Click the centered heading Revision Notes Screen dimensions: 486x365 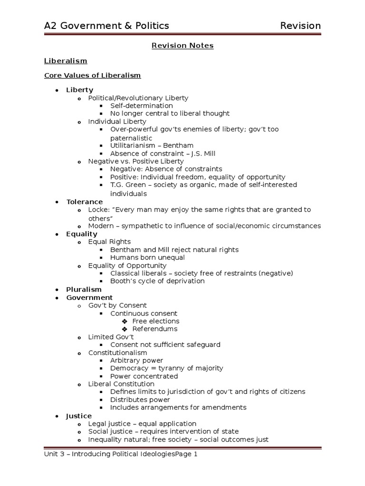click(x=182, y=46)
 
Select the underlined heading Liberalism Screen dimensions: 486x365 click(x=66, y=61)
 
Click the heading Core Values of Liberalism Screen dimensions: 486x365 click(x=92, y=75)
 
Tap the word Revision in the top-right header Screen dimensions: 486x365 click(x=300, y=26)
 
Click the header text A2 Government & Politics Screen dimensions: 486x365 click(x=106, y=26)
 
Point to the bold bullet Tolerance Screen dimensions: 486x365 click(x=84, y=202)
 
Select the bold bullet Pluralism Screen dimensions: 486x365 click(x=84, y=289)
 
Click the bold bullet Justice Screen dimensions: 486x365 click(x=79, y=416)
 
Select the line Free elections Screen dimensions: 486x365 click(x=155, y=321)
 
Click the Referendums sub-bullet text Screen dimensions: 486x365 click(x=154, y=328)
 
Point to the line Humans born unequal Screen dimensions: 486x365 click(x=147, y=257)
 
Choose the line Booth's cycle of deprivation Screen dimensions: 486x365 click(x=157, y=280)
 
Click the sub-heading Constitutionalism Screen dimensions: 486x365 click(x=117, y=353)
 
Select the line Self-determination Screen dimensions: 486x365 click(x=142, y=105)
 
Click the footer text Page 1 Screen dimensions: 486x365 click(x=185, y=454)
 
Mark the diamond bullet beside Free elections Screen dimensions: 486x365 click(x=125, y=321)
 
